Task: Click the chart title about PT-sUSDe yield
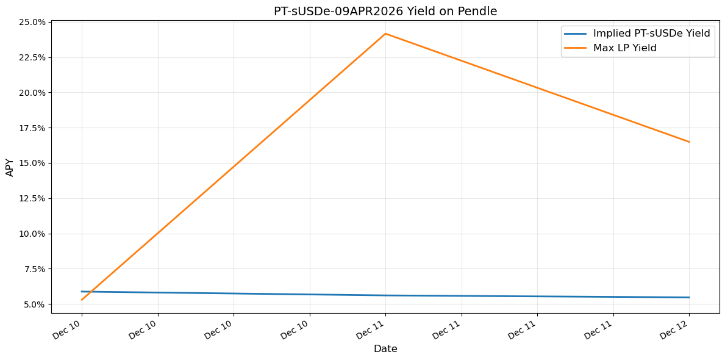click(x=385, y=11)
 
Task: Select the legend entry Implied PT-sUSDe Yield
click(x=651, y=34)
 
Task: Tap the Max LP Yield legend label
click(x=624, y=48)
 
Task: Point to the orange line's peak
click(x=385, y=34)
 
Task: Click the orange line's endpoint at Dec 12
click(x=689, y=142)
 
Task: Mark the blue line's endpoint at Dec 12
click(x=689, y=297)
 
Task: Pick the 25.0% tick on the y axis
click(x=32, y=23)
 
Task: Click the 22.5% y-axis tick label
click(x=32, y=57)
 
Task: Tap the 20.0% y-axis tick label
click(x=32, y=93)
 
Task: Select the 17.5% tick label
click(x=32, y=128)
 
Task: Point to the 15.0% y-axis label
click(x=32, y=163)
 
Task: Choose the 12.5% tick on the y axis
click(x=32, y=198)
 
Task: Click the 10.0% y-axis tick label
click(x=32, y=234)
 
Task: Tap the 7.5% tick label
click(x=34, y=269)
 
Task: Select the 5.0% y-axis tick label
click(x=34, y=304)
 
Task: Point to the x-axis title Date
click(x=385, y=349)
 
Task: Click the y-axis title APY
click(x=10, y=167)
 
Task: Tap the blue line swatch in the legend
click(x=576, y=34)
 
